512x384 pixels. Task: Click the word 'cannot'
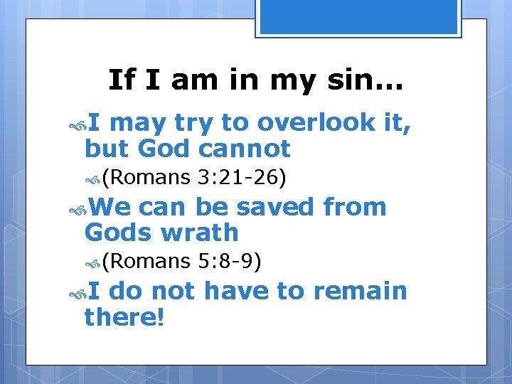click(x=245, y=149)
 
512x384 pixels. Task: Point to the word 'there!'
click(x=124, y=316)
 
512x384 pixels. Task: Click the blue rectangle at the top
click(x=358, y=16)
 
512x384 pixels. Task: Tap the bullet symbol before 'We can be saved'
click(x=79, y=208)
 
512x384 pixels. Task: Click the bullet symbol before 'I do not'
click(x=79, y=292)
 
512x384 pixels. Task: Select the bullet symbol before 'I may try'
click(x=79, y=124)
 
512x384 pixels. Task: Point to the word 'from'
click(x=354, y=207)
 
